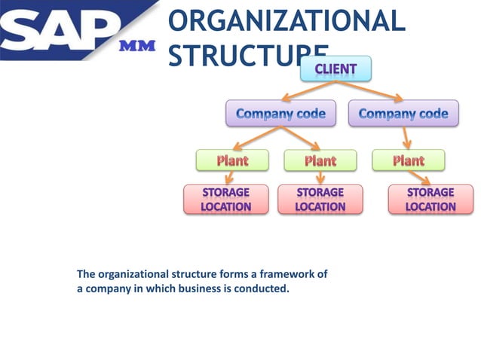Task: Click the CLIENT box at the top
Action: coord(335,69)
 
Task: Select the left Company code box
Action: coord(280,114)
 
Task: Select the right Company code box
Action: coord(403,114)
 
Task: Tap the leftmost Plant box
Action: coord(232,160)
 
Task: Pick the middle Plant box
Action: coord(320,160)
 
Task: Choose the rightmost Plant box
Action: coord(409,160)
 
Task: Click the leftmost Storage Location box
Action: coord(226,200)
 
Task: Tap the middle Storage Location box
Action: coord(320,200)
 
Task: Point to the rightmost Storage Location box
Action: coord(430,200)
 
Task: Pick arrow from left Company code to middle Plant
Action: coord(302,139)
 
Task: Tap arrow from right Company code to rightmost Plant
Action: coord(406,138)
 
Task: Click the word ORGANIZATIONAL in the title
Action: coord(286,20)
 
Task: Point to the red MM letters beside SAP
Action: coord(137,47)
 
